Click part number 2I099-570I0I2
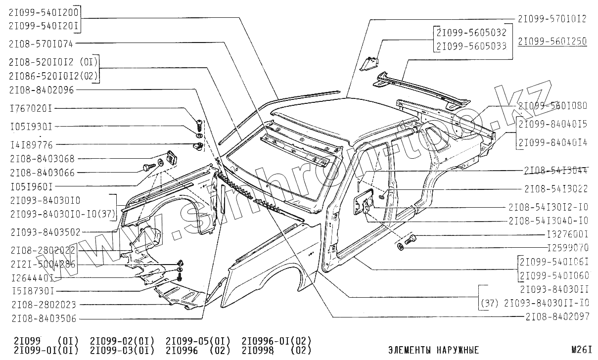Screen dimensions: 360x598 click(552, 19)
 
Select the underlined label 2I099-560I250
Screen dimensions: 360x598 click(552, 42)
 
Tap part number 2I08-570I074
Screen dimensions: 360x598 click(41, 44)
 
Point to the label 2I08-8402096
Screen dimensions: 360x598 click(41, 90)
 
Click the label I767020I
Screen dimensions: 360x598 click(31, 108)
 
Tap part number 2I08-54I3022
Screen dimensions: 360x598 click(556, 188)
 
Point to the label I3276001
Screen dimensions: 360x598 click(568, 234)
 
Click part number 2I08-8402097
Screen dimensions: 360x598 click(557, 316)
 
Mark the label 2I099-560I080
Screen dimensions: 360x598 click(552, 105)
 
